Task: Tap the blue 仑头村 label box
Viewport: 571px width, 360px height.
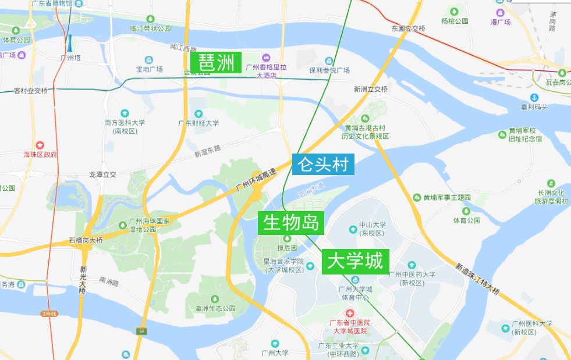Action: coord(323,165)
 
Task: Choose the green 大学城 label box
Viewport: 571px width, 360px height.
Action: coord(354,261)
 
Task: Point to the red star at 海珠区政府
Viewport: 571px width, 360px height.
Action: coord(40,145)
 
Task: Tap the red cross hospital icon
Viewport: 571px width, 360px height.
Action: coord(350,313)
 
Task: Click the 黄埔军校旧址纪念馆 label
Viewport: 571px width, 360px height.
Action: coord(525,135)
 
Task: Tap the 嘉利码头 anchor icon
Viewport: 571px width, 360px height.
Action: coord(534,97)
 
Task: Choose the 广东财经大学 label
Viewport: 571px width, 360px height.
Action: coord(198,123)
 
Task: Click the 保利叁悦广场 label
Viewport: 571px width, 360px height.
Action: coord(329,70)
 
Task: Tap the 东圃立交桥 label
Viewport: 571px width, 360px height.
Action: coord(409,28)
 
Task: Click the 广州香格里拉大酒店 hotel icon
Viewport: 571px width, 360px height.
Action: coord(266,58)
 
